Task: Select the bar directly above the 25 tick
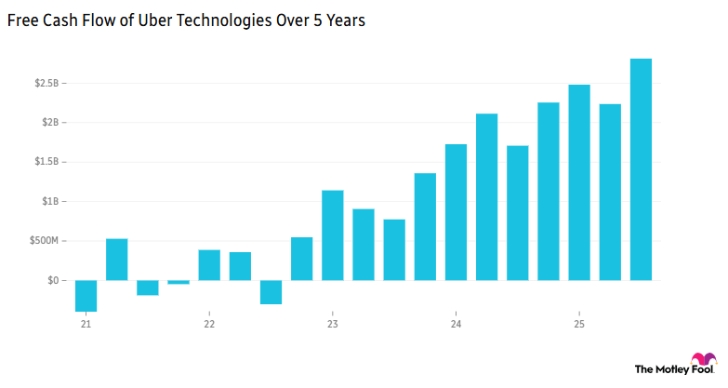click(579, 182)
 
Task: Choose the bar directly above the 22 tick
click(209, 265)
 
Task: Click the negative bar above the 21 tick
click(86, 296)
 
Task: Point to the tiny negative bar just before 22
click(179, 282)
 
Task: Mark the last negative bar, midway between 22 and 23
click(271, 292)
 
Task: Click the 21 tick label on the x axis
click(86, 325)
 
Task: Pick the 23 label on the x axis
click(332, 325)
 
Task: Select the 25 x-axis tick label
click(579, 325)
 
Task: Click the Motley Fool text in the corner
click(661, 369)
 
